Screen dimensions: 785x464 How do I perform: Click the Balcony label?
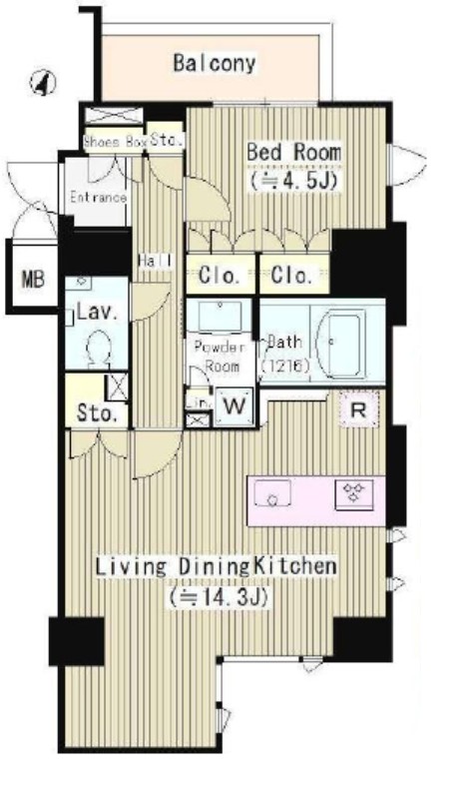tap(214, 64)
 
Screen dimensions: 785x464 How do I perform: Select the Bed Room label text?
tap(293, 152)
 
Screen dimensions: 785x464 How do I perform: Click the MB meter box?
tap(33, 280)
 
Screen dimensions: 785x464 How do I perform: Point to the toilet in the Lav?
tap(98, 350)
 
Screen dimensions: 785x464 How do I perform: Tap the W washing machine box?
tap(234, 406)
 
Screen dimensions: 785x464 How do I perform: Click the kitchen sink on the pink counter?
tap(274, 492)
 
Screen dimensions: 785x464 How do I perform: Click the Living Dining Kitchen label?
tap(215, 567)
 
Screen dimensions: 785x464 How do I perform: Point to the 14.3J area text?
tap(222, 597)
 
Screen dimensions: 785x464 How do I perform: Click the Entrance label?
tap(97, 197)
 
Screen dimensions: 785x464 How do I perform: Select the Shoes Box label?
tap(115, 142)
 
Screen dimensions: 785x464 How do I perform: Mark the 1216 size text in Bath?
tap(287, 367)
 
